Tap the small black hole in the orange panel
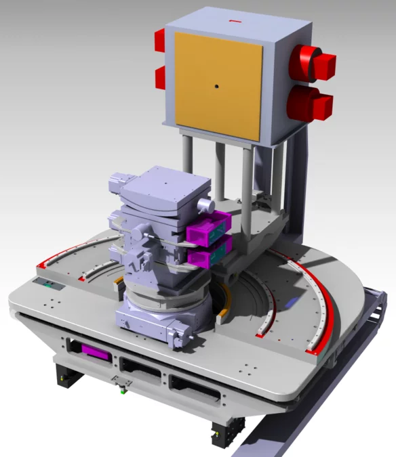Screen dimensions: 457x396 [x=216, y=86]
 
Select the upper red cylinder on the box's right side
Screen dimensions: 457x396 [x=311, y=63]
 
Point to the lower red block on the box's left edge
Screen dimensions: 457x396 [x=161, y=78]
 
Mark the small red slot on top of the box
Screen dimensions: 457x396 [x=235, y=21]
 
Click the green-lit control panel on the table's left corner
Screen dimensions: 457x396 [x=49, y=284]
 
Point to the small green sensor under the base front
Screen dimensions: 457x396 [x=121, y=389]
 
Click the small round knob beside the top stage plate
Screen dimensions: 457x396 [x=206, y=204]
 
